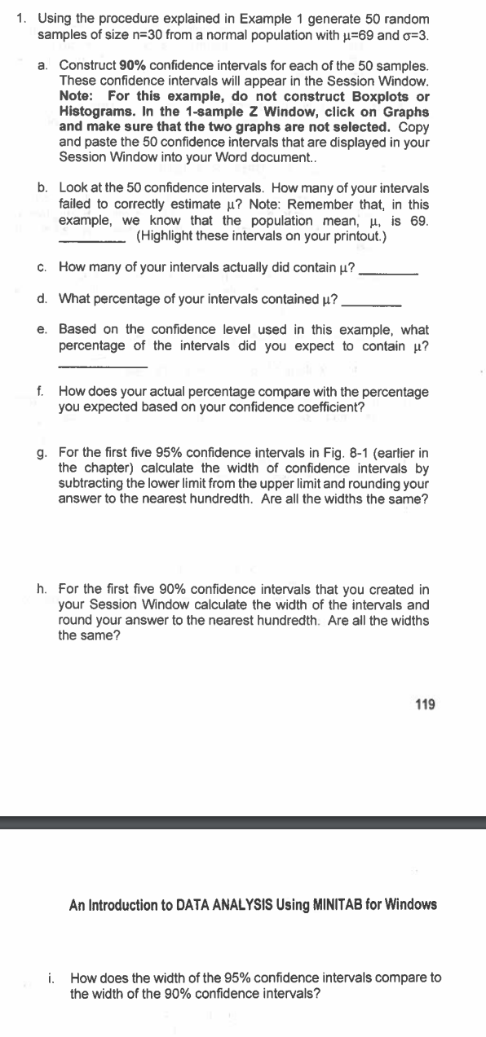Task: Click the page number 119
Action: pyautogui.click(x=425, y=704)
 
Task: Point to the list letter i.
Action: pyautogui.click(x=52, y=978)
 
